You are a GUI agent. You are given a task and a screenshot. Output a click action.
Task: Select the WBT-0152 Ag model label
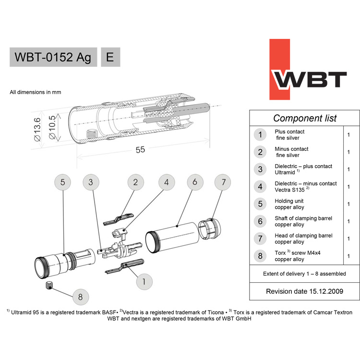53,57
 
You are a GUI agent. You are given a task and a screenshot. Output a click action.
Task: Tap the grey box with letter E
110,57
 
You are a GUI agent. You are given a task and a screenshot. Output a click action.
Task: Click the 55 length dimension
140,150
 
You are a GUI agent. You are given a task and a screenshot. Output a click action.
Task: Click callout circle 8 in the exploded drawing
80,297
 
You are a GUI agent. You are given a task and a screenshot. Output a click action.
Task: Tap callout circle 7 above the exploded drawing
222,182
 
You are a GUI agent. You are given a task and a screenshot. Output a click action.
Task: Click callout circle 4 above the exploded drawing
166,182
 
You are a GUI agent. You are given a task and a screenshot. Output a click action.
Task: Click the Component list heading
305,118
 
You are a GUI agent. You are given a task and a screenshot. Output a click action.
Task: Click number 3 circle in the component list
260,169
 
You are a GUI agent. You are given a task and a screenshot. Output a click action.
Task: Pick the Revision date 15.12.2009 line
304,291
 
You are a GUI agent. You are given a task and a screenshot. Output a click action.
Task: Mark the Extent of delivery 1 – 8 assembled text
304,274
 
